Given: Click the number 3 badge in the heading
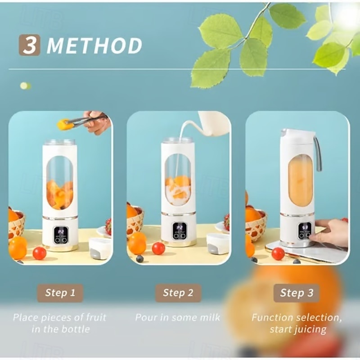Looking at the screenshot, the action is pyautogui.click(x=29, y=45).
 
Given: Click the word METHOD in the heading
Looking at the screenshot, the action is pyautogui.click(x=94, y=46).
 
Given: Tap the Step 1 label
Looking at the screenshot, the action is pyautogui.click(x=60, y=293).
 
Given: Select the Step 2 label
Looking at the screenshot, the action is pyautogui.click(x=178, y=293).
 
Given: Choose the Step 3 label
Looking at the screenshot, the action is pyautogui.click(x=297, y=293).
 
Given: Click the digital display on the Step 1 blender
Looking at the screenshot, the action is pyautogui.click(x=61, y=235).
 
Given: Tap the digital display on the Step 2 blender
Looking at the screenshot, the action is pyautogui.click(x=180, y=230).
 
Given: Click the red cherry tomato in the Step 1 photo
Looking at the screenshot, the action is pyautogui.click(x=40, y=253).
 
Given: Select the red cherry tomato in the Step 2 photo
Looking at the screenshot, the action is pyautogui.click(x=158, y=248).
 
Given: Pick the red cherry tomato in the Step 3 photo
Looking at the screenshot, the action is pyautogui.click(x=278, y=254).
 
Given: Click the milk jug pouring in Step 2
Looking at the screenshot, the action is pyautogui.click(x=212, y=123).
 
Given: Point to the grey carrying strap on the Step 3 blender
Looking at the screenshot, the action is pyautogui.click(x=318, y=154).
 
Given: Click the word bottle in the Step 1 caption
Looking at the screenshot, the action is pyautogui.click(x=76, y=329).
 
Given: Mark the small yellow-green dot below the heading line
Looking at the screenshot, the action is pyautogui.click(x=26, y=86).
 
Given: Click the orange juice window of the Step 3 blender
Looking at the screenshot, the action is pyautogui.click(x=300, y=180).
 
